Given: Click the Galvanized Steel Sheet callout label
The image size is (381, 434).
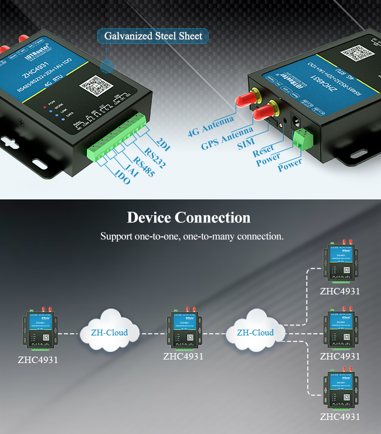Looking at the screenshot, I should (153, 36).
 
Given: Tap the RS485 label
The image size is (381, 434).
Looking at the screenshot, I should (143, 165).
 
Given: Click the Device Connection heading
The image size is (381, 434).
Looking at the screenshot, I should (189, 218).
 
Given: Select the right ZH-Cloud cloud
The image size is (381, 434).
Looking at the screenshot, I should (255, 332).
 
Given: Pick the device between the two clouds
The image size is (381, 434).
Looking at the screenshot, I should (183, 328).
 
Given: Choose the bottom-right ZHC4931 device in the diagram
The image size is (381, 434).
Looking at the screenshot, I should (339, 390).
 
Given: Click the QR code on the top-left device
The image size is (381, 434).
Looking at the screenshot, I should (95, 86).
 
